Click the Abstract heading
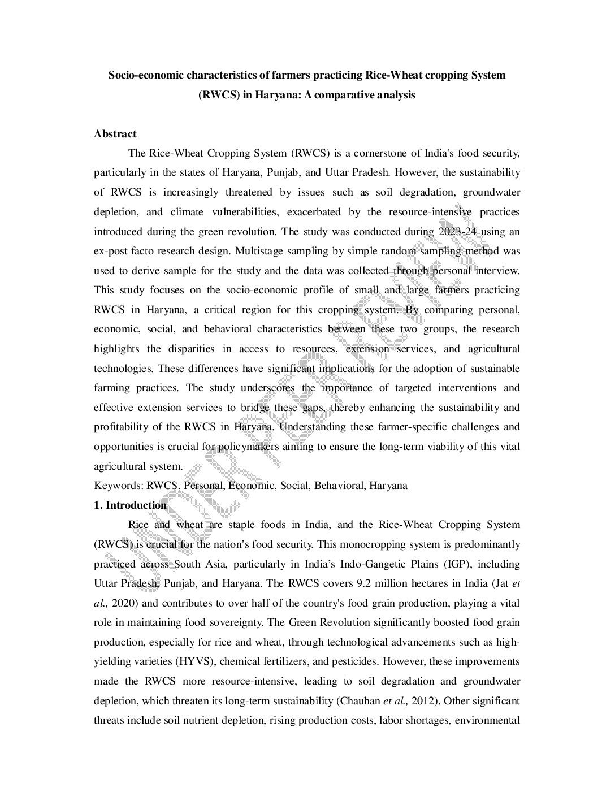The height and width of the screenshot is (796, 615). pos(115,134)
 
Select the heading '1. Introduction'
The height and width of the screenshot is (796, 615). pos(130,505)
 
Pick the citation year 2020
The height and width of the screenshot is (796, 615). pos(124,603)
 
